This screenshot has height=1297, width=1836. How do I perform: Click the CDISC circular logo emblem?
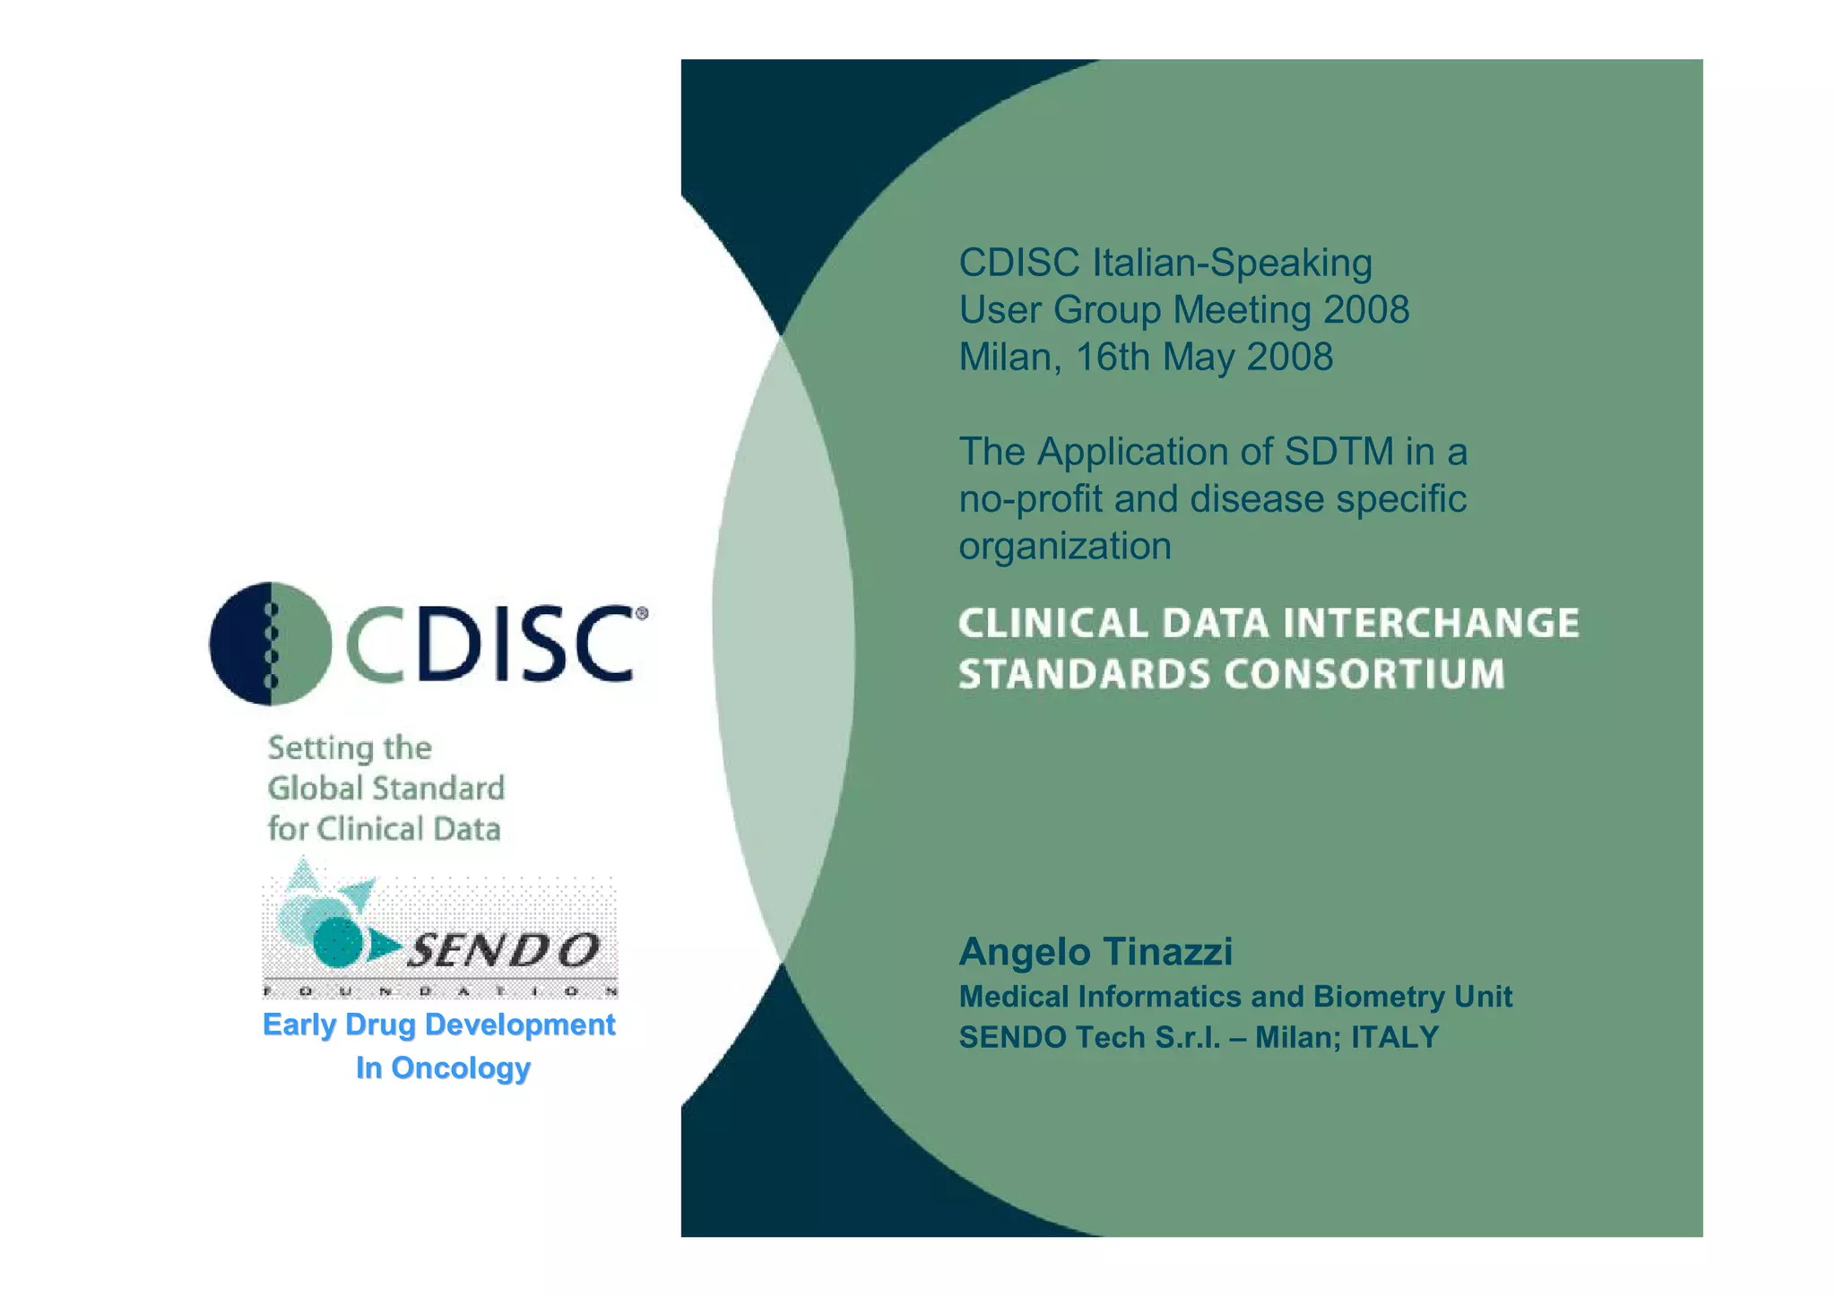271,644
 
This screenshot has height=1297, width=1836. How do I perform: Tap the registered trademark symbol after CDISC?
641,614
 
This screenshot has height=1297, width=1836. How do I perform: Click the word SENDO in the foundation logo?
504,950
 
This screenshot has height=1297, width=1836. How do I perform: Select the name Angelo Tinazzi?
1096,952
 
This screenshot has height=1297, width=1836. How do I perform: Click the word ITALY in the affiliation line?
1394,1037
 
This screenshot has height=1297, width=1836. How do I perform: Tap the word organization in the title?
1065,547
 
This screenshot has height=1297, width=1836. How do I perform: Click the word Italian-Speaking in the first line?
1232,264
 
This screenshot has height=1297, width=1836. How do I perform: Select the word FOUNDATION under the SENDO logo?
439,992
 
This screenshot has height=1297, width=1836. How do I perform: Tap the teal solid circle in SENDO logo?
338,941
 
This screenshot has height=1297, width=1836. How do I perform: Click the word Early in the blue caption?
298,1025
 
